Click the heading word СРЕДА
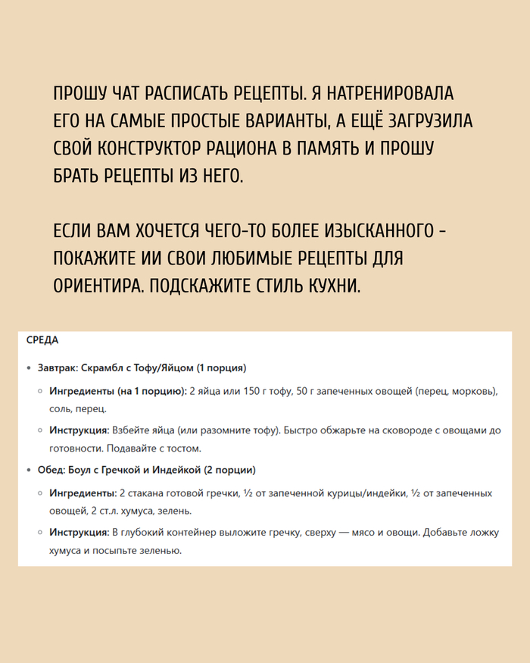(x=42, y=341)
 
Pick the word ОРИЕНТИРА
(x=95, y=286)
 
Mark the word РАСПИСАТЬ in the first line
(x=185, y=95)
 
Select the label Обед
(x=51, y=470)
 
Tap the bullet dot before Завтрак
(x=29, y=369)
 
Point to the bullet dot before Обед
(x=29, y=471)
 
